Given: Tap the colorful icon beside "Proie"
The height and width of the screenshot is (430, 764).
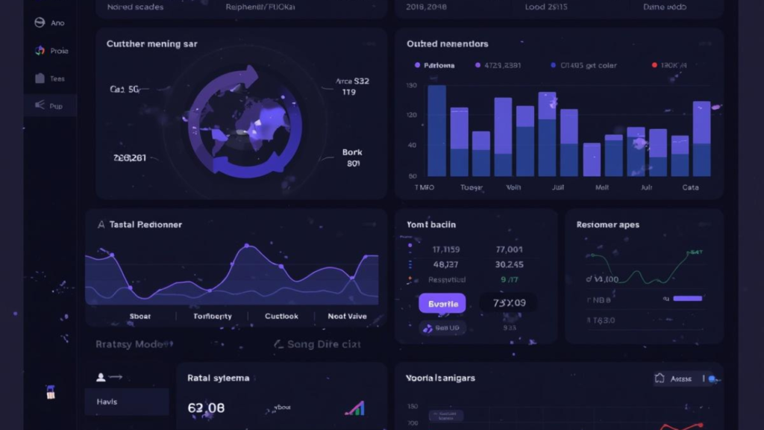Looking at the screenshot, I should [x=40, y=51].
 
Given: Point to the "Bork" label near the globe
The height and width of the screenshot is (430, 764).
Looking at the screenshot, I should [x=352, y=152].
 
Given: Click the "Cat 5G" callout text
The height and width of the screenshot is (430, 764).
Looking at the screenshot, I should [x=125, y=90].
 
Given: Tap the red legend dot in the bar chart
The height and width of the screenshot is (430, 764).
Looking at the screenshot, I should [x=654, y=66].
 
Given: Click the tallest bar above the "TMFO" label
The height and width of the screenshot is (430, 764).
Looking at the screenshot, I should [x=436, y=131].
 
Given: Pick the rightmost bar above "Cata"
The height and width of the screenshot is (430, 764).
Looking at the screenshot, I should [x=701, y=138].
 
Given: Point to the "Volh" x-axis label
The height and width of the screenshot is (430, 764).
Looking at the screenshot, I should [x=514, y=187].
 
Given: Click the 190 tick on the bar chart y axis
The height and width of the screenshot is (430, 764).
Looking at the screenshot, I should [x=412, y=86].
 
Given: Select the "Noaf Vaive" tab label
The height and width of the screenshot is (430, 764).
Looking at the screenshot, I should [x=347, y=317].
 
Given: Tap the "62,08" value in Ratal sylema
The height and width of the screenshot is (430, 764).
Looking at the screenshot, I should [x=207, y=408].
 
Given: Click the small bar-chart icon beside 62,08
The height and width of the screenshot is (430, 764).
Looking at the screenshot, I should [x=354, y=408].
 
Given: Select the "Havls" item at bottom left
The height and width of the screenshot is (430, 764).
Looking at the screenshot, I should [x=107, y=402].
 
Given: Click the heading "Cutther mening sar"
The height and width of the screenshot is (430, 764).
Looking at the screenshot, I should [x=152, y=44].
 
